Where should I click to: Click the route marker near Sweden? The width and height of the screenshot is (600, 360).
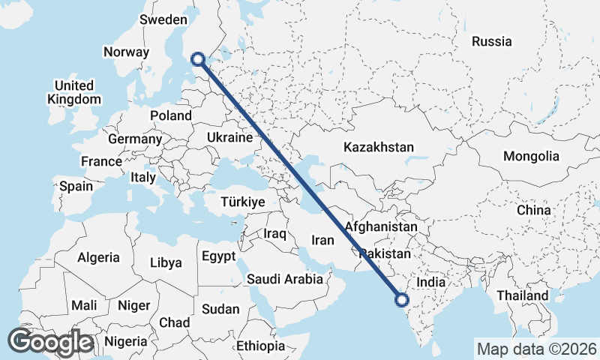[199, 58]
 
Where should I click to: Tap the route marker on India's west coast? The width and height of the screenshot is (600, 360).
[401, 300]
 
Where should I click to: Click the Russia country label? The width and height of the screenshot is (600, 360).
[492, 41]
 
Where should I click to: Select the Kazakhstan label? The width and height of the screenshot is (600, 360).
[379, 147]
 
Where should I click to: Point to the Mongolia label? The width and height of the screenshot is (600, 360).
[532, 156]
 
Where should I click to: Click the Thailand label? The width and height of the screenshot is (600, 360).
[523, 295]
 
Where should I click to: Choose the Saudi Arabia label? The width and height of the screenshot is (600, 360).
[285, 279]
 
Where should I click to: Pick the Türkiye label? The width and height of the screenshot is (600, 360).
[244, 202]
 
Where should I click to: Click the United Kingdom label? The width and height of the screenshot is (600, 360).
[73, 92]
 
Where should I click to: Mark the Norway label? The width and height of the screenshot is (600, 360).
[127, 52]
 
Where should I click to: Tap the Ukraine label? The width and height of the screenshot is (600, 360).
[229, 138]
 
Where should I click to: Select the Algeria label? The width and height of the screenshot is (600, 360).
[98, 257]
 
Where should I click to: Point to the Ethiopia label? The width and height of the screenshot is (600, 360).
[260, 346]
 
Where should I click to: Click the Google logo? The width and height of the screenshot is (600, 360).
[50, 342]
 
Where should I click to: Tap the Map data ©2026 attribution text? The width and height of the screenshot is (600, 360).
[537, 349]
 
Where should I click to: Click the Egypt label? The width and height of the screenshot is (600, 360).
[219, 256]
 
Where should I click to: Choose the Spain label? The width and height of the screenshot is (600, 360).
[76, 185]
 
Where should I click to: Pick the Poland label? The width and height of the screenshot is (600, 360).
[171, 115]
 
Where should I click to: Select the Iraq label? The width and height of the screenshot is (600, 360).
[275, 234]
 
